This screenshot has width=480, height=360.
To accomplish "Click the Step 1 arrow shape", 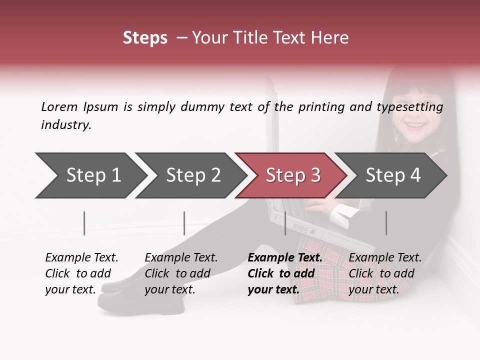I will (x=90, y=175).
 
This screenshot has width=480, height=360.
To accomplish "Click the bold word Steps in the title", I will (x=145, y=38).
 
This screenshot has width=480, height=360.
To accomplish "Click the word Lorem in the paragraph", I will (x=59, y=106).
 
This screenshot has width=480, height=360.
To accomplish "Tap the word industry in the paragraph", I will (x=66, y=125).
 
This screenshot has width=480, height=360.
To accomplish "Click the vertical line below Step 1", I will (x=84, y=223).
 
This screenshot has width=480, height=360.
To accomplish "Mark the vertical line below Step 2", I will (x=184, y=223).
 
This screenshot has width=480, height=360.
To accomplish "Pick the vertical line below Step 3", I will (x=285, y=223).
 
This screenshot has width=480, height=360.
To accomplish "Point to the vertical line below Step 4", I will (x=386, y=223).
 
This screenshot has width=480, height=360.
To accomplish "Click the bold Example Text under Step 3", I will (x=285, y=258).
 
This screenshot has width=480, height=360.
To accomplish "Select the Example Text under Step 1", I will (x=81, y=258).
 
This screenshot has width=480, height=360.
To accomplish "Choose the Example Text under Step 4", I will (x=385, y=258).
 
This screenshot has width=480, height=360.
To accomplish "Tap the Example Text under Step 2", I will (x=181, y=258).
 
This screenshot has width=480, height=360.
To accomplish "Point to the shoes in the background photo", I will (x=117, y=292).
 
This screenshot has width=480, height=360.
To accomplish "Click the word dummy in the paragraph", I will (x=203, y=107).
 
